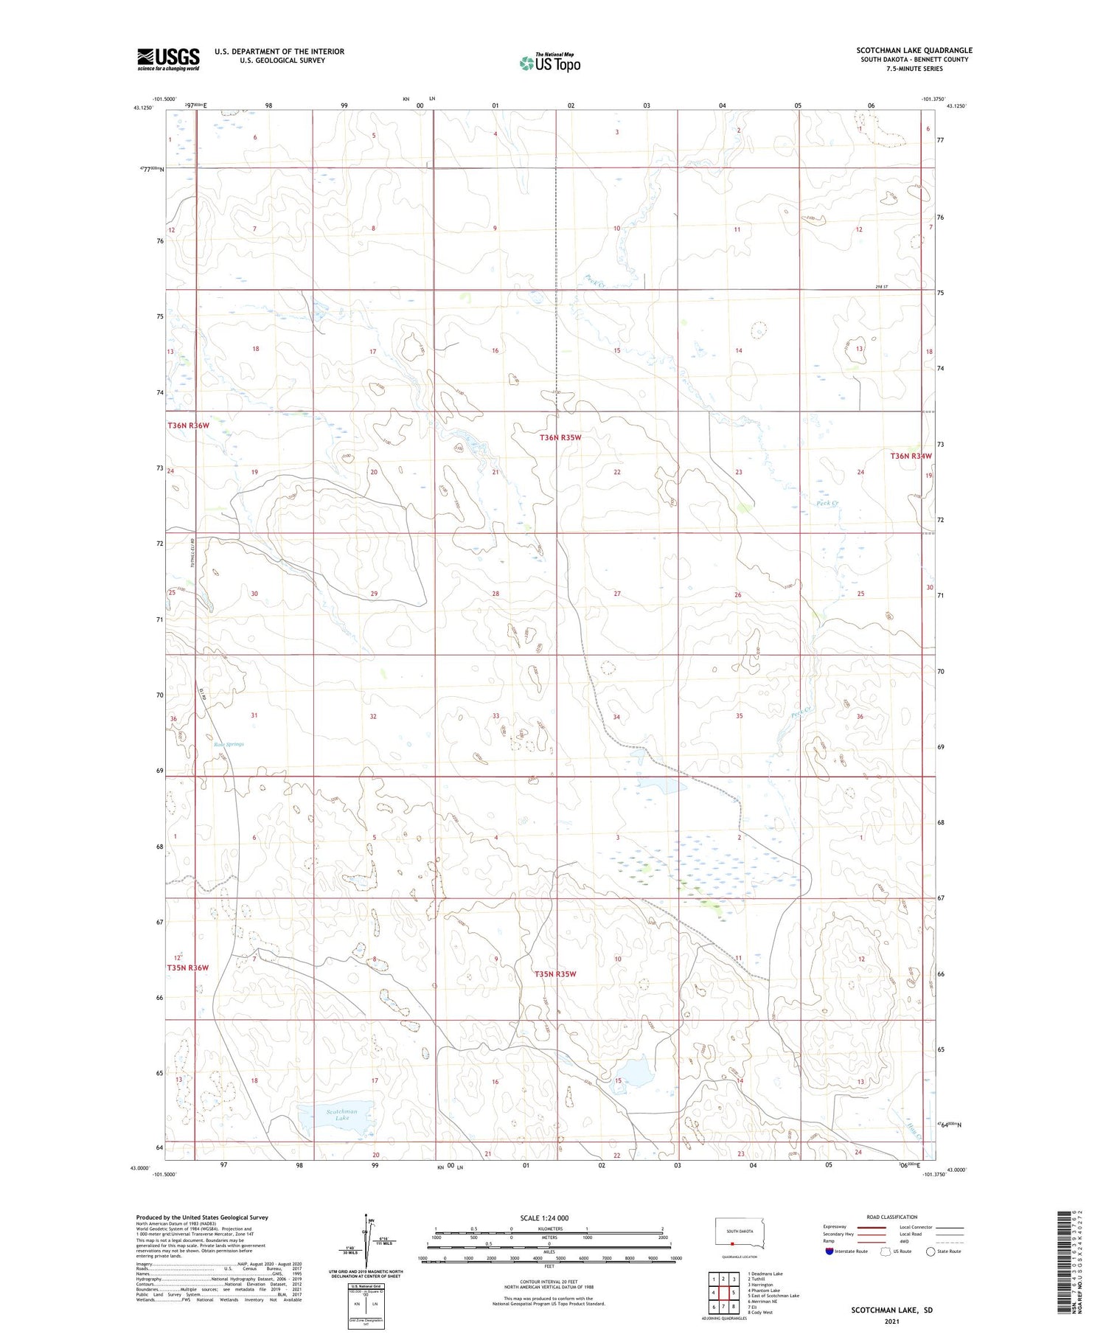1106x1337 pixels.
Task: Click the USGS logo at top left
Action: point(168,59)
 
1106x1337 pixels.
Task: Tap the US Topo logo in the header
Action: point(550,63)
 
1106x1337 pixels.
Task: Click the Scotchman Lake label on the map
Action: point(341,1114)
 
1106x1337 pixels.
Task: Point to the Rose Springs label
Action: point(229,744)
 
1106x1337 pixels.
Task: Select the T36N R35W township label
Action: point(560,437)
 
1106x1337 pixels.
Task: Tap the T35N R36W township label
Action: point(187,968)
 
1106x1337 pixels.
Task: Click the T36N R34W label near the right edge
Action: point(911,456)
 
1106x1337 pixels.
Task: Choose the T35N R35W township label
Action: point(555,974)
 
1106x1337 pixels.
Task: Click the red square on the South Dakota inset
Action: point(732,1242)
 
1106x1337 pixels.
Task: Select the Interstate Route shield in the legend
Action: point(829,1251)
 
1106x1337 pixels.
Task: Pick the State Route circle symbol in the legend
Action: point(931,1251)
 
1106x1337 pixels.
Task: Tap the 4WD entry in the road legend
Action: point(904,1241)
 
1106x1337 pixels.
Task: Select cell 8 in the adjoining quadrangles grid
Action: point(733,1307)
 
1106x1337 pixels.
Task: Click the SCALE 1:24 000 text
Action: point(544,1218)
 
